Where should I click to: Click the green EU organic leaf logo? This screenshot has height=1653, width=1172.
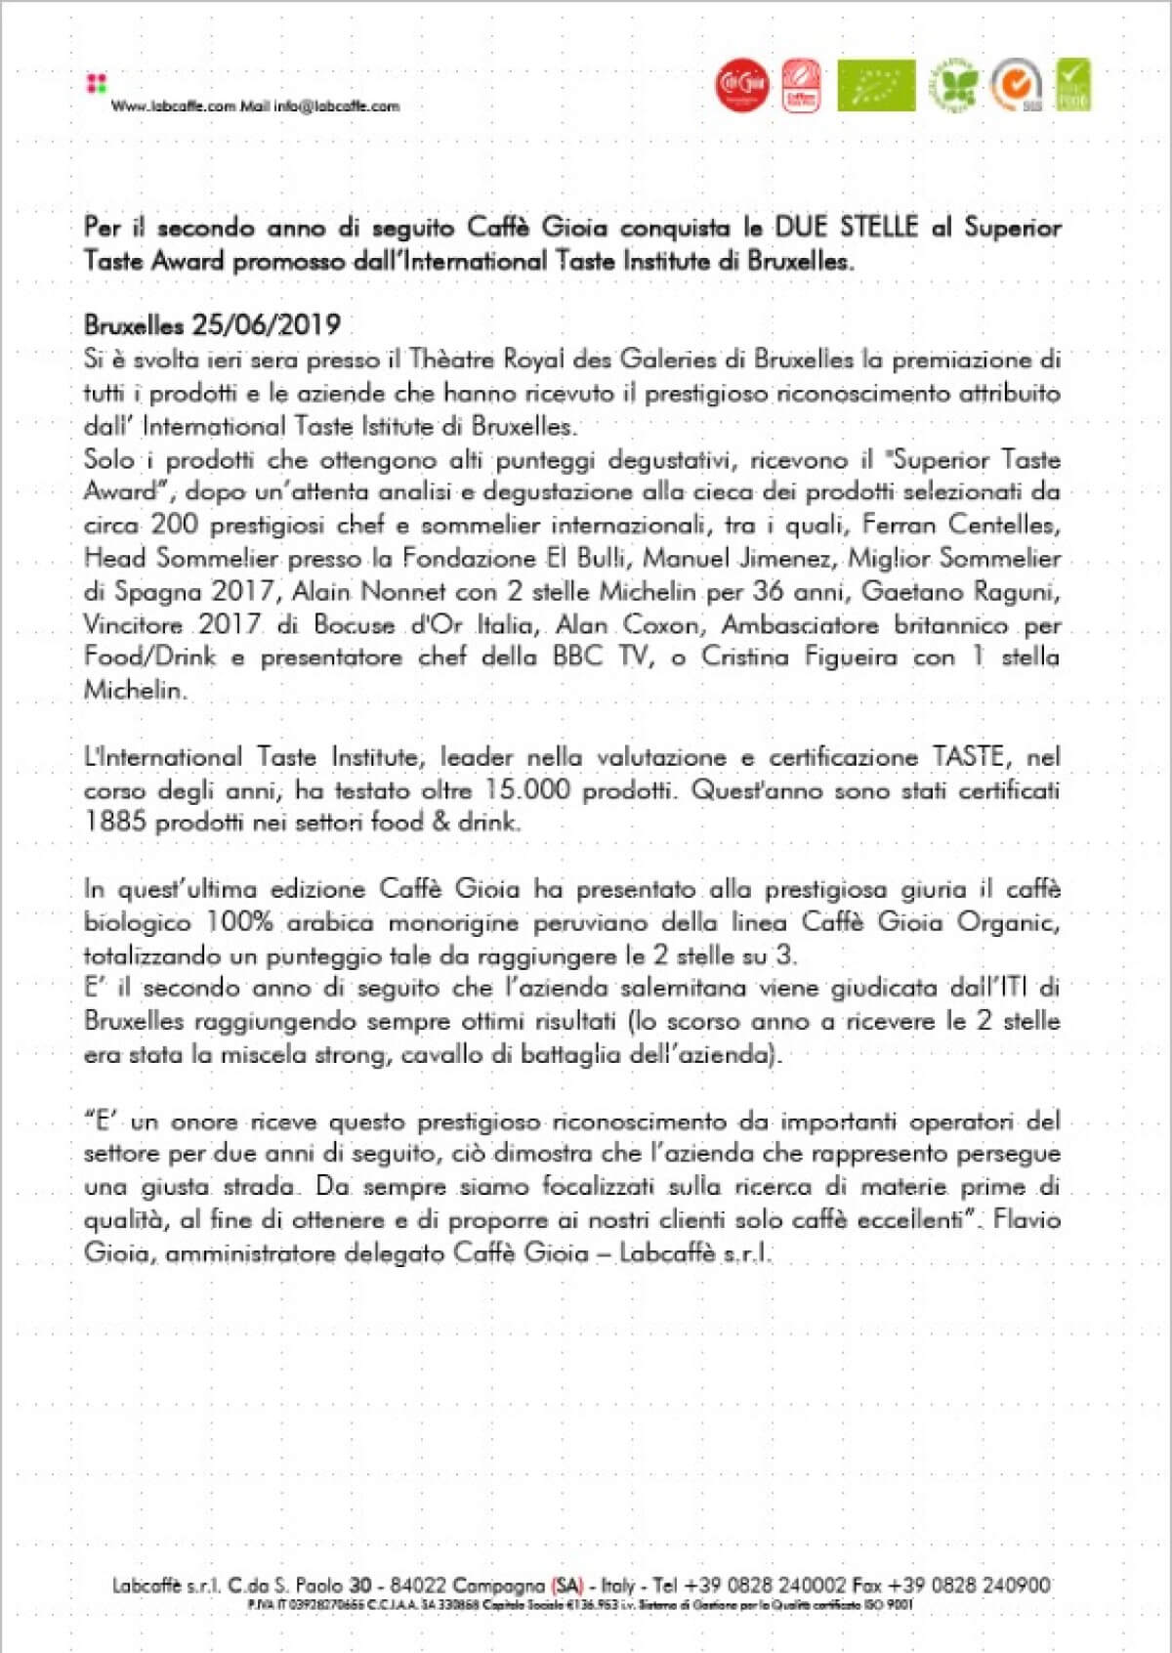tap(876, 86)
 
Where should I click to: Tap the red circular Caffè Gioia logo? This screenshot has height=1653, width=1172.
tap(741, 86)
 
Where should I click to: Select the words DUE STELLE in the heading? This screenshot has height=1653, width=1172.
tap(847, 227)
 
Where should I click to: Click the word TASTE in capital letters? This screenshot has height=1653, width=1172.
tap(968, 756)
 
